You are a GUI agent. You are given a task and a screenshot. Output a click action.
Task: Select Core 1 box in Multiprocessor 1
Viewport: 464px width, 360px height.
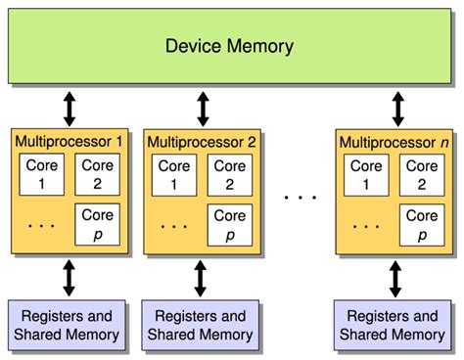(x=42, y=174)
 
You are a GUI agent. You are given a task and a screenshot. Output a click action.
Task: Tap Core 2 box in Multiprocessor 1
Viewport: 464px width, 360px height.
(x=97, y=174)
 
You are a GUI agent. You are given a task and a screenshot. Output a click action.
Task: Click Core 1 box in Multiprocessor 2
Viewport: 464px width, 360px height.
(x=174, y=174)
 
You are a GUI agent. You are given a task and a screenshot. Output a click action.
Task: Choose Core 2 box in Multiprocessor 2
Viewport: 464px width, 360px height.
(x=229, y=174)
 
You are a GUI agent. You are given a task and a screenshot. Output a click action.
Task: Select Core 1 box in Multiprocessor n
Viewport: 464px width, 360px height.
(x=367, y=174)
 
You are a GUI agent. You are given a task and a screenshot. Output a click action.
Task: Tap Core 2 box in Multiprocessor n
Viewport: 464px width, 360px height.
(x=422, y=174)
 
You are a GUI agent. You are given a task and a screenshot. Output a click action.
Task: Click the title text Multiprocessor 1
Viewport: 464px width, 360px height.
(x=70, y=142)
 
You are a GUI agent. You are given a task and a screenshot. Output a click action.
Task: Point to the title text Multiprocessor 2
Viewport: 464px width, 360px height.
(x=202, y=142)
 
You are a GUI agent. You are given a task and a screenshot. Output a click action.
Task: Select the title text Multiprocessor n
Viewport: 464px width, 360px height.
(x=394, y=142)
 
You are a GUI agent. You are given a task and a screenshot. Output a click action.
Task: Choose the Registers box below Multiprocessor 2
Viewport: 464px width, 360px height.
(x=201, y=326)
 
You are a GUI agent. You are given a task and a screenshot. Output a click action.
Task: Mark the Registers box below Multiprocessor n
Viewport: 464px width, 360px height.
(x=394, y=326)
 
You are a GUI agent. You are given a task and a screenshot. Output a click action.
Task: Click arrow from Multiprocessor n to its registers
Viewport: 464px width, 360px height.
(x=394, y=278)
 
